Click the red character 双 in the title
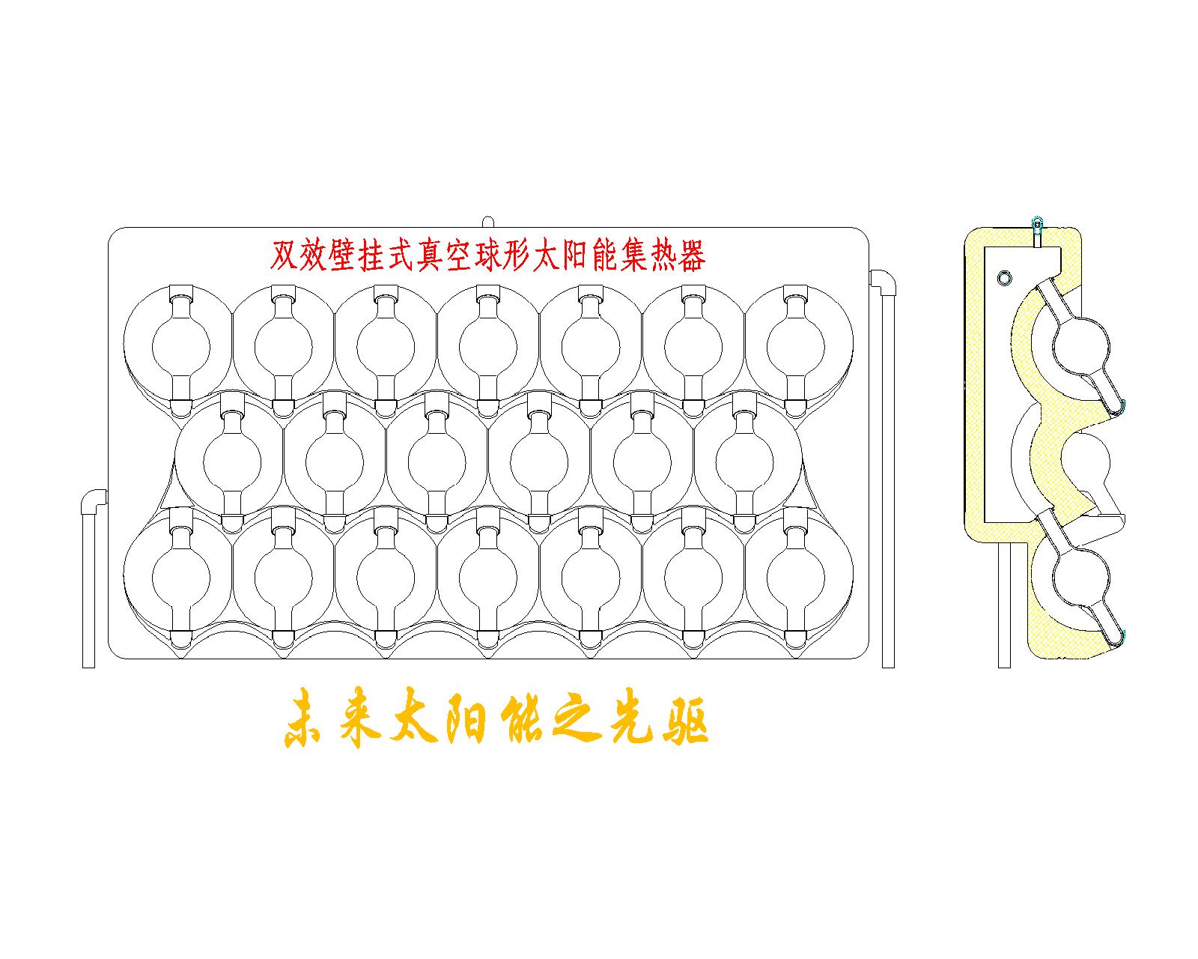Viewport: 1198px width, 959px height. pyautogui.click(x=282, y=256)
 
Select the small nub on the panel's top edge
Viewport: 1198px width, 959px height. pyautogui.click(x=488, y=223)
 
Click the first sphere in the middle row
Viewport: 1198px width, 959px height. pyautogui.click(x=232, y=460)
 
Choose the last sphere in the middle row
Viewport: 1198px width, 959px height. pyautogui.click(x=744, y=460)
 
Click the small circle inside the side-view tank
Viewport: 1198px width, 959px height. pyautogui.click(x=1004, y=279)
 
